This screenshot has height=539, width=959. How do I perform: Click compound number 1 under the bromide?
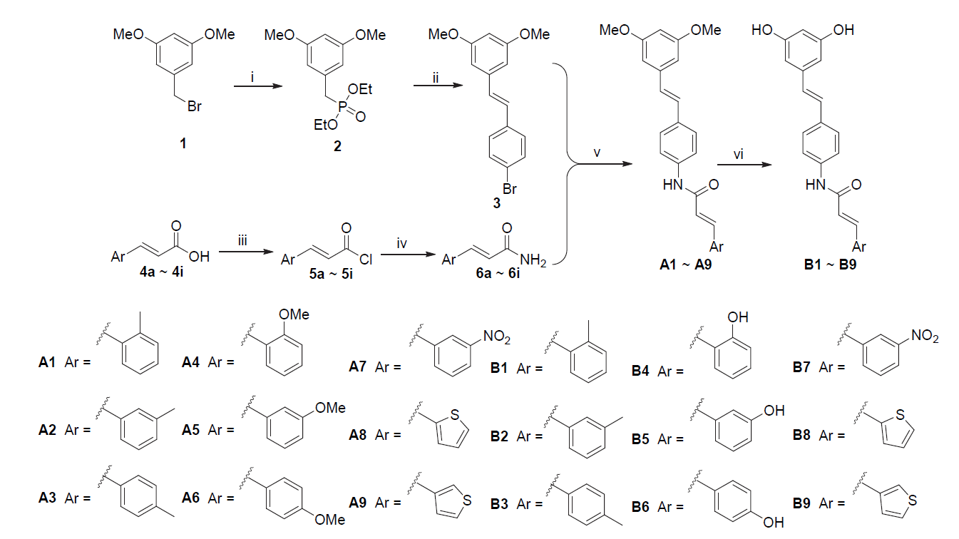(183, 143)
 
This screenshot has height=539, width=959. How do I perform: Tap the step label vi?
(744, 152)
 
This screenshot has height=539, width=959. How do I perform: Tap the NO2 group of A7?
(496, 335)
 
